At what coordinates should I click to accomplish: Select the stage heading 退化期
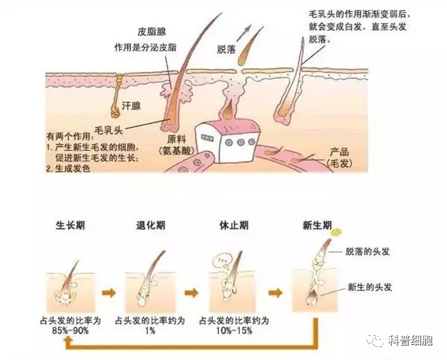(151, 224)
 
